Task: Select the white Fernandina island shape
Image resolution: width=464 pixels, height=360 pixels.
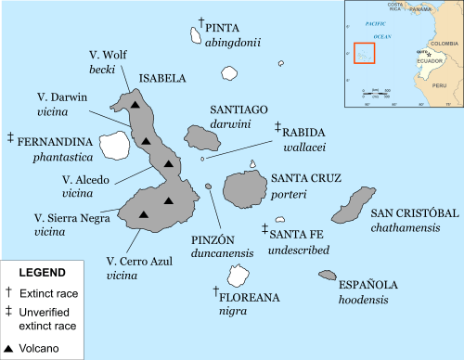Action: point(115,144)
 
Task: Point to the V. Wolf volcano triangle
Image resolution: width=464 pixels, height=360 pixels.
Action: point(135,105)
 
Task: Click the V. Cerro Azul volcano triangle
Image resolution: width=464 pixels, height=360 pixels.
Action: point(143,214)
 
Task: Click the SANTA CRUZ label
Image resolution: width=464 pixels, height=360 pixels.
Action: point(305,178)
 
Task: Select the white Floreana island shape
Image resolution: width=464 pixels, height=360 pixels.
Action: point(238,276)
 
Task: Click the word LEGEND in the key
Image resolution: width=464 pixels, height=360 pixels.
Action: point(43,273)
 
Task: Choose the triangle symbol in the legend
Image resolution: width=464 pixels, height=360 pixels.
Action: point(9,349)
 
